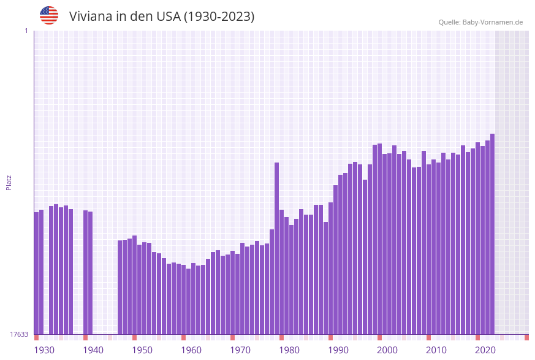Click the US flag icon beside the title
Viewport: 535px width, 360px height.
click(49, 15)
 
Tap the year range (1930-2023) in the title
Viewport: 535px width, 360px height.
click(219, 17)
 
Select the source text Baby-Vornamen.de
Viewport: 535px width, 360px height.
click(492, 22)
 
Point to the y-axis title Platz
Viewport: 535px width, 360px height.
click(9, 182)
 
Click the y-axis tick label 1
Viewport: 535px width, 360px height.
click(26, 31)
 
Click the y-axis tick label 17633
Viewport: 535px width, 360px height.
click(20, 334)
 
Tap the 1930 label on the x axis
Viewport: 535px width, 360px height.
click(44, 350)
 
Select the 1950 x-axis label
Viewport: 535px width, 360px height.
click(142, 350)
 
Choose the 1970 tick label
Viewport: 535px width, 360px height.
click(240, 350)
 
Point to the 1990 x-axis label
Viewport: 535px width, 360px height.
click(338, 350)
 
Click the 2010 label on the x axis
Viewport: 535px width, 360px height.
click(436, 350)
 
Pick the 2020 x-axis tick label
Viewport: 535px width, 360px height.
click(485, 350)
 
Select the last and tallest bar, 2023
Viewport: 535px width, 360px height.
click(492, 233)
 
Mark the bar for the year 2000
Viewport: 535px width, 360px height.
click(379, 239)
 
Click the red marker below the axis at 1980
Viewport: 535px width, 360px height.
click(281, 337)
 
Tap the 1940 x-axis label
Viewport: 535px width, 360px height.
click(93, 350)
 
